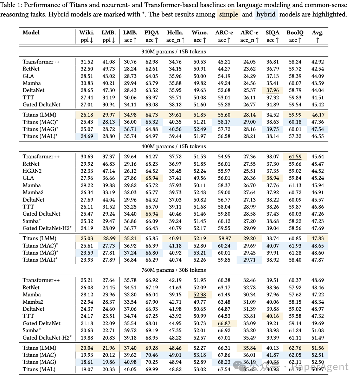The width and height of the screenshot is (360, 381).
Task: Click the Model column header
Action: pyautogui.click(x=31, y=33)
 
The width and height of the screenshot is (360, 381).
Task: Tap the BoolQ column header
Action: pyautogui.click(x=295, y=33)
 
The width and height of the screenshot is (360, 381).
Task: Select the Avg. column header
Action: pyautogui.click(x=317, y=33)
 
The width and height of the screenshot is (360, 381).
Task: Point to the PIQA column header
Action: pyautogui.click(x=152, y=33)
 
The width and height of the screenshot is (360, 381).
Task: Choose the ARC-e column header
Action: pyautogui.click(x=224, y=33)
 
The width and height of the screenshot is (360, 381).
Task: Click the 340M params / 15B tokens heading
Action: pyautogui.click(x=173, y=51)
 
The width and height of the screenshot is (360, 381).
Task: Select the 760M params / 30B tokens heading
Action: pyautogui.click(x=173, y=270)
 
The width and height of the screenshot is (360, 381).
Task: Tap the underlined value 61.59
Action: pyautogui.click(x=295, y=157)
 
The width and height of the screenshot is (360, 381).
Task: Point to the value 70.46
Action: pyautogui.click(x=152, y=355)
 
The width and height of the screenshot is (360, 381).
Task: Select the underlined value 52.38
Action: pyautogui.click(x=199, y=295)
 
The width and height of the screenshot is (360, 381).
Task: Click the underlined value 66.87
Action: pyautogui.click(x=224, y=323)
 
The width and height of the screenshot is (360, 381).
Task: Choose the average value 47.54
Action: pyautogui.click(x=317, y=129)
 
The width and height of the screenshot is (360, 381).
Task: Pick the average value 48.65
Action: pyautogui.click(x=317, y=245)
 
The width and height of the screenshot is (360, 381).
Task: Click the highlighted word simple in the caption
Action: pyautogui.click(x=229, y=14)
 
